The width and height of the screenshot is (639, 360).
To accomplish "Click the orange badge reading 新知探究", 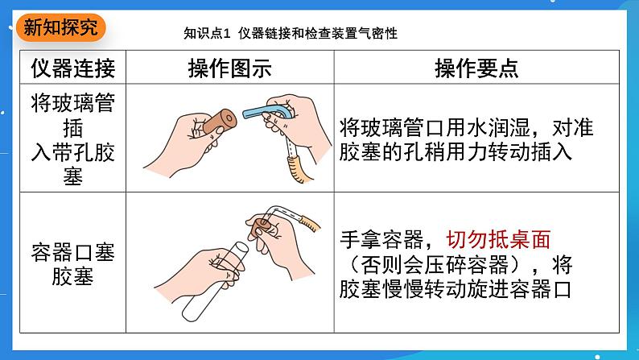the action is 60,27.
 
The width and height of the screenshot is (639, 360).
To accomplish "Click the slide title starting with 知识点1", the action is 291,33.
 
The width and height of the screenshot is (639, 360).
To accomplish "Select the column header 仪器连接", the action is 73,68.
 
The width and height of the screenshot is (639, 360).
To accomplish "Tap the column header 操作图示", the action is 230,68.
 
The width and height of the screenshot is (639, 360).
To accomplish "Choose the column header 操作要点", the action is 476,68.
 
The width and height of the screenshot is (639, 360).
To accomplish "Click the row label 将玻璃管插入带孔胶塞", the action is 73,139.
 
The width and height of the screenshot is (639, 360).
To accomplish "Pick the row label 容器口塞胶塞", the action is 73,264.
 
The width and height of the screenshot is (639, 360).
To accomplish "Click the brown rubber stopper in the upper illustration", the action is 220,121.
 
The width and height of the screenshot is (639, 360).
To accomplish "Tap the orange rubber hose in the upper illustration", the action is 297,169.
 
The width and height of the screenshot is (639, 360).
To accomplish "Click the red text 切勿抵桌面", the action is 498,239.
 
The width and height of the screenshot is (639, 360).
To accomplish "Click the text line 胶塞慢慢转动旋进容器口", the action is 456,289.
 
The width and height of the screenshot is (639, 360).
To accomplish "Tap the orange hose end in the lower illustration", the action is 309,223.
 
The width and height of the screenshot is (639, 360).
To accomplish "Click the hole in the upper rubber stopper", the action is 229,119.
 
